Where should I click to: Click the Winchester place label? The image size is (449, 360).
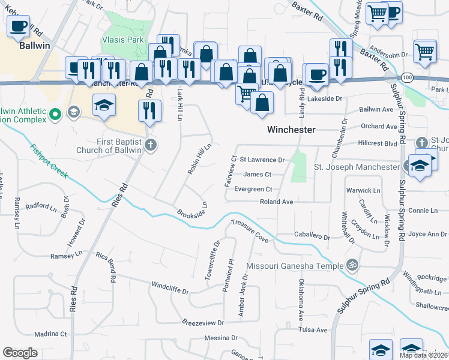click(291, 130)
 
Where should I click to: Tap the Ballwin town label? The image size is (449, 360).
click(34, 45)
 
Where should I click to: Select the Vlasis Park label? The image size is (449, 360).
click(122, 40)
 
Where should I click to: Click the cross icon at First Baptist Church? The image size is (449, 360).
click(151, 145)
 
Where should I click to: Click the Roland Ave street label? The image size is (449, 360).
click(276, 202)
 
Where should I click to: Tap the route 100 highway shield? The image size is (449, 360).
click(408, 77)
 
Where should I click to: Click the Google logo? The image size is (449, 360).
click(20, 353)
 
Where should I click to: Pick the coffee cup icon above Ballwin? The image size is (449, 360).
click(18, 26)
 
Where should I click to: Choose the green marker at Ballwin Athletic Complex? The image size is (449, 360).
click(55, 113)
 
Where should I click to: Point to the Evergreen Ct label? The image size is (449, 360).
click(253, 189)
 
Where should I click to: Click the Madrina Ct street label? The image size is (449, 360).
click(50, 334)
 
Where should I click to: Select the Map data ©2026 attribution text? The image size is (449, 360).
click(423, 355)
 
